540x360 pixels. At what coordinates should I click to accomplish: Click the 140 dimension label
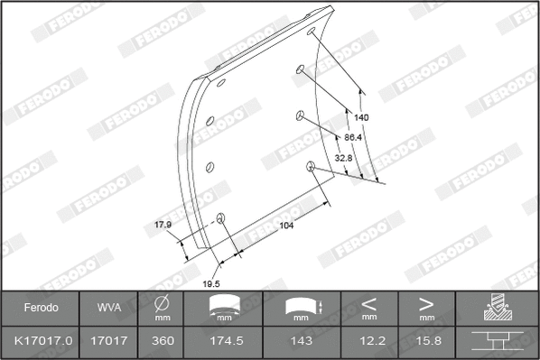click(x=361, y=117)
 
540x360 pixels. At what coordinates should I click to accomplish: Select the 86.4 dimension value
click(x=353, y=137)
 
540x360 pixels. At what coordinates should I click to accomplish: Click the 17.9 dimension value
click(x=163, y=226)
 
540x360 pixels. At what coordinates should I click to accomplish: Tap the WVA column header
click(x=108, y=308)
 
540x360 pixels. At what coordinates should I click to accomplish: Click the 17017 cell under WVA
click(x=108, y=342)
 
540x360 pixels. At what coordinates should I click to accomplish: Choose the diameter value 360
click(x=163, y=342)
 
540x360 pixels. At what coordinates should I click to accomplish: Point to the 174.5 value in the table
click(x=226, y=342)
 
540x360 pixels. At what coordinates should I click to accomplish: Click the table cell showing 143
click(x=303, y=342)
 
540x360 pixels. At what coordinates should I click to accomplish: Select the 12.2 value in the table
click(x=368, y=342)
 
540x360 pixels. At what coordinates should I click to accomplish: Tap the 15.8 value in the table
click(x=426, y=342)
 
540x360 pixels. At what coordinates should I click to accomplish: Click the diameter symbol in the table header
click(x=163, y=303)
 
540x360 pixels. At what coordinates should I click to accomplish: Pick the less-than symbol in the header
click(x=368, y=303)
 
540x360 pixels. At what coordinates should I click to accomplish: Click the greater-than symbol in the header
click(x=426, y=303)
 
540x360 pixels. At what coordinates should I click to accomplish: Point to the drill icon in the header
click(x=497, y=308)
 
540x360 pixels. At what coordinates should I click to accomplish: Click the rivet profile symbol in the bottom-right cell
click(x=497, y=342)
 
